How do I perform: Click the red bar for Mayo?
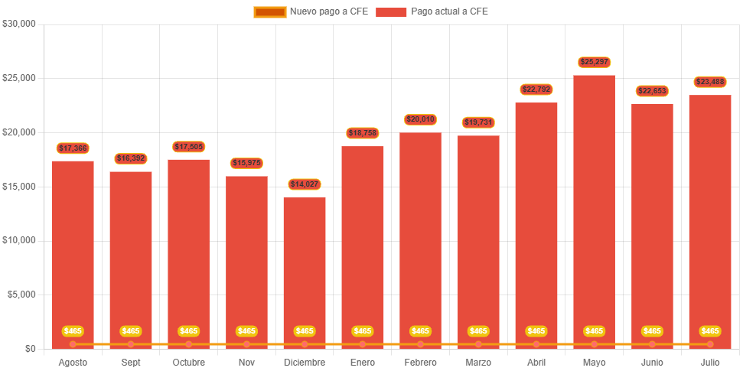coord(594,207)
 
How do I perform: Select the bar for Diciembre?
coord(305,268)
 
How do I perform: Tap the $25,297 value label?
coord(594,62)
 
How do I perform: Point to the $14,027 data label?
coord(305,184)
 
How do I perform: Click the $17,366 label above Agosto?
coord(73,148)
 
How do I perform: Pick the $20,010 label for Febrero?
coord(420,119)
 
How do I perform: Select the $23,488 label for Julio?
coord(709,82)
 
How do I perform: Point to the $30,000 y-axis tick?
coord(20,24)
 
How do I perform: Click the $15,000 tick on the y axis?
coord(20,187)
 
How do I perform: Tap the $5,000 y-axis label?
coord(22,295)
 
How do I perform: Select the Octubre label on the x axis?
coord(188,362)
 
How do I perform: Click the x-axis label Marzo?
coord(478,362)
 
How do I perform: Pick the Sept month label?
coord(131,362)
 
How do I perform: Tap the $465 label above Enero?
coord(363,331)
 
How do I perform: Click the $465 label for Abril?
coord(536,331)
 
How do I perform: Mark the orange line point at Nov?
coord(246,344)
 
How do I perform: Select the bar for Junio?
coord(652,222)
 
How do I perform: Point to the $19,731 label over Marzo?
coord(478,122)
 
